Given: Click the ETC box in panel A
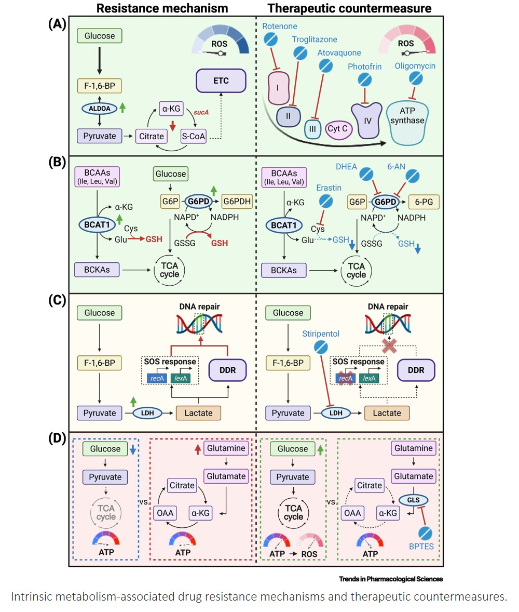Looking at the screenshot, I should (x=220, y=81).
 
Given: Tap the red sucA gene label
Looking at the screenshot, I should (x=200, y=112).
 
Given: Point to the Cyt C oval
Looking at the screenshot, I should (x=337, y=128).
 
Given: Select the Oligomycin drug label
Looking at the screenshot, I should (x=414, y=66).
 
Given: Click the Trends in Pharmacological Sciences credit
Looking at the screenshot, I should (x=391, y=578).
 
